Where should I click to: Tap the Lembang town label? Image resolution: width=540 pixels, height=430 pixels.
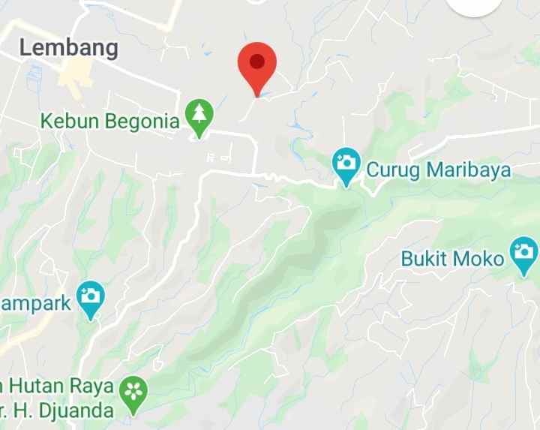click(69, 48)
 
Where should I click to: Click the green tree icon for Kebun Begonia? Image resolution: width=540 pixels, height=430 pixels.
click(199, 116)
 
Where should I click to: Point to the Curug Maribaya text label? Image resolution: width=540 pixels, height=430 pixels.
click(438, 170)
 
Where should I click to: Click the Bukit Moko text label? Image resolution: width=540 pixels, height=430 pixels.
click(453, 259)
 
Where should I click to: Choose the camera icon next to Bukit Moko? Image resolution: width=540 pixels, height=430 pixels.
click(523, 254)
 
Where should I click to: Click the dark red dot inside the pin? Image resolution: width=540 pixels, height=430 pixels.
click(257, 61)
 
